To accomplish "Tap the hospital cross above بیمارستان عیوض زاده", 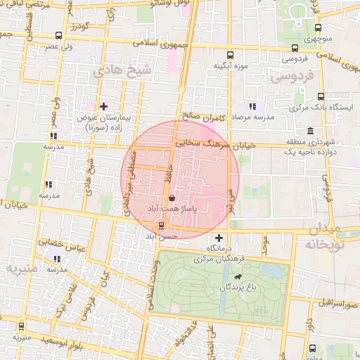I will click(104, 106).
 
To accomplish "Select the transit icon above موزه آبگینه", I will click(229, 54).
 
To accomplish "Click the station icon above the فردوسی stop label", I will click(294, 49).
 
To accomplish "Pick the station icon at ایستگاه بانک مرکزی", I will click(321, 96).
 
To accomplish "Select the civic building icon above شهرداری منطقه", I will click(310, 131).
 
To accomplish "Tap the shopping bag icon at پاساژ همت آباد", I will click(172, 199).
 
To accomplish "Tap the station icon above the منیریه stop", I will click(22, 326).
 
